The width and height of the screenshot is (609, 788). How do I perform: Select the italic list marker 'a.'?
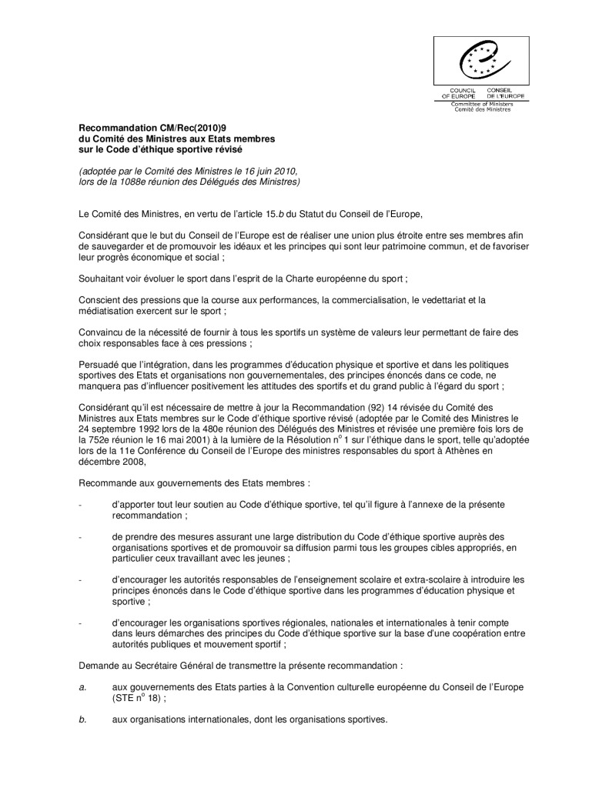click(83, 685)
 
